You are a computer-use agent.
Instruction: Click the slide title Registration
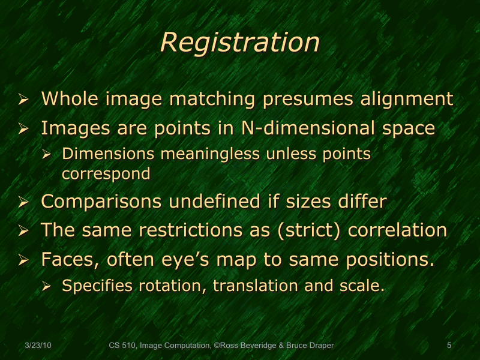coord(240,43)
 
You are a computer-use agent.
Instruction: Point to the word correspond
coord(106,174)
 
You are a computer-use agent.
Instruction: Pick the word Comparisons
coord(101,202)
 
